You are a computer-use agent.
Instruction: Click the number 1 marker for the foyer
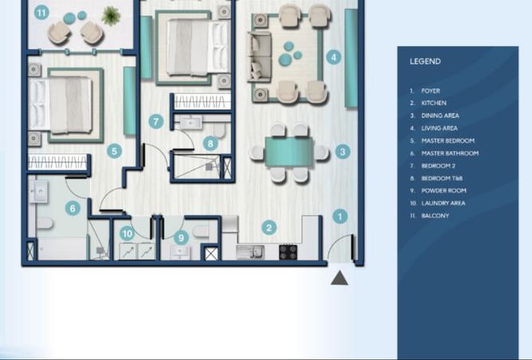coord(340,217)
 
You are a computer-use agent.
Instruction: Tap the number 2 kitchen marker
coord(269,228)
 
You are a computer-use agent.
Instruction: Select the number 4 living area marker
coord(334,57)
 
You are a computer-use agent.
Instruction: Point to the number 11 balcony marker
coord(41,13)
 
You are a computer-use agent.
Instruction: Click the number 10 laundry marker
coord(127,233)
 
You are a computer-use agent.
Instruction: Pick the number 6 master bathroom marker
coord(72,208)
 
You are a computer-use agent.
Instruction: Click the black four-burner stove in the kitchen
coord(288,252)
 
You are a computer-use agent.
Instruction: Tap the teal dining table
coord(289,151)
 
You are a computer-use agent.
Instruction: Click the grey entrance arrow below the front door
coord(339,278)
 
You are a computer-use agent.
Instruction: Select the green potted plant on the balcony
coord(111,16)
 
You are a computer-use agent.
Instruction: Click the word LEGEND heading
coord(425,61)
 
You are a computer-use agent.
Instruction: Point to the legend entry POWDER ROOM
coord(444,190)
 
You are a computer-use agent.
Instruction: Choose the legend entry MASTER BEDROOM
coord(448,140)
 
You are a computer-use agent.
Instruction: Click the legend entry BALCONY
coord(436,216)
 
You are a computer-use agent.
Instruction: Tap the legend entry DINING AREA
coord(440,115)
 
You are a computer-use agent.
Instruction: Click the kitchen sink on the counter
coord(250,252)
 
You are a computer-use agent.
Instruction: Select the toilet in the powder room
coord(201,232)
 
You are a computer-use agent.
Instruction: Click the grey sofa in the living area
coord(260,57)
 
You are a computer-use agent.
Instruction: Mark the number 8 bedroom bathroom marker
coord(210,143)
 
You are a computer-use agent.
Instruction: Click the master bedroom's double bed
coord(61,104)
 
